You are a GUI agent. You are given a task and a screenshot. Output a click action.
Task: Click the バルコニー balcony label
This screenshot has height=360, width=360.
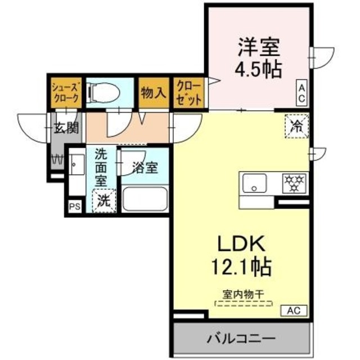pyautogui.click(x=241, y=339)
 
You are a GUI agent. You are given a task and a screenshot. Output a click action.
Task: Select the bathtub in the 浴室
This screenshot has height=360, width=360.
pyautogui.click(x=144, y=199)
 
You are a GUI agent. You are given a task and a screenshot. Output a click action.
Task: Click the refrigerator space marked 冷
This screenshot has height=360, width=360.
pyautogui.click(x=296, y=125)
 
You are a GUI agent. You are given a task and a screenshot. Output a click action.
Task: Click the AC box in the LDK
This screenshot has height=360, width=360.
pyautogui.click(x=295, y=310)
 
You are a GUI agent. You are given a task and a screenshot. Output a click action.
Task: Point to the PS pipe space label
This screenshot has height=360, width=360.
pyautogui.click(x=74, y=206)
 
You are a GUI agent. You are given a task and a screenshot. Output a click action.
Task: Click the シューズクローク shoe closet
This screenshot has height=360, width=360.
pyautogui.click(x=66, y=91)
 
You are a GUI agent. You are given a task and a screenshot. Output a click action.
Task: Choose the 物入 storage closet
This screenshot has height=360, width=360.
pyautogui.click(x=153, y=91)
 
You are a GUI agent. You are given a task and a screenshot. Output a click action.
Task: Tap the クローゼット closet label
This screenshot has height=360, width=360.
pyautogui.click(x=187, y=91)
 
